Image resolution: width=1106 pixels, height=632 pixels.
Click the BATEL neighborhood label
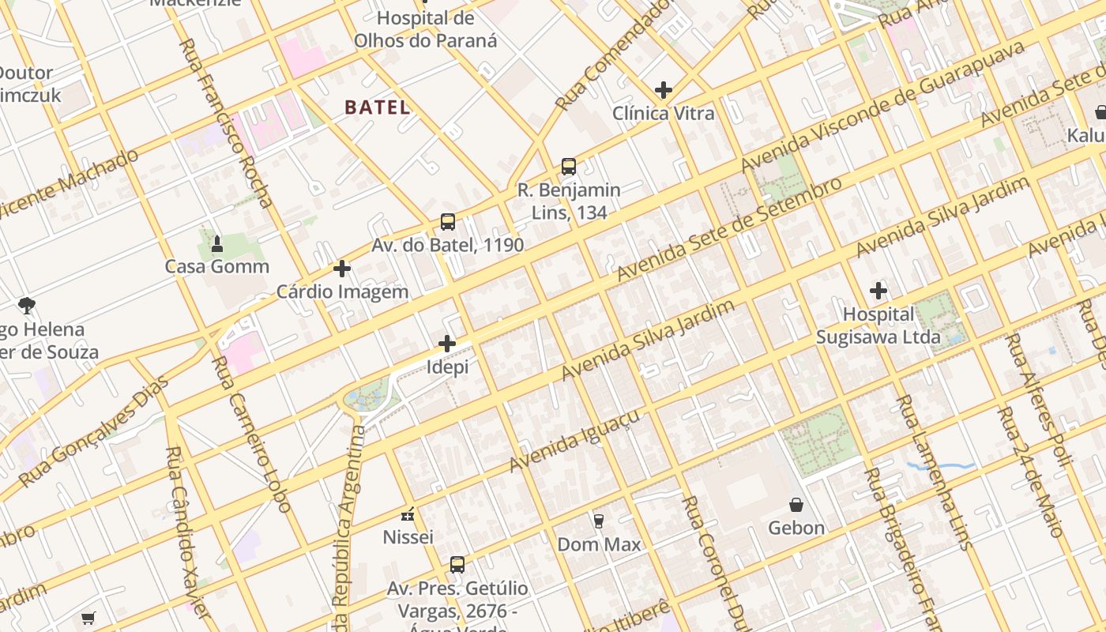(x=378, y=107)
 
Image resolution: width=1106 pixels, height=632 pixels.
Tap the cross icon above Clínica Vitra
(x=664, y=90)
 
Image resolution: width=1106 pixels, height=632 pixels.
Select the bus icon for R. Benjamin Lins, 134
(x=569, y=167)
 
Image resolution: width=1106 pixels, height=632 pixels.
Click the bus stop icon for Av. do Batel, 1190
(x=448, y=222)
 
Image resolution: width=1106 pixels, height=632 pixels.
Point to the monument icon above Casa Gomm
(x=217, y=244)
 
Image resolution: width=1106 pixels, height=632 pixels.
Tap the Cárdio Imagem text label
(x=342, y=292)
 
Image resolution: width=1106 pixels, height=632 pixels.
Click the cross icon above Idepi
(x=447, y=344)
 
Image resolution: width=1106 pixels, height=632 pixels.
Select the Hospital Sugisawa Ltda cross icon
(x=878, y=291)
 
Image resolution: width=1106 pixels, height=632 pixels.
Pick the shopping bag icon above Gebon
(x=796, y=504)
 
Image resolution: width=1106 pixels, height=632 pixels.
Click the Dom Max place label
(x=599, y=544)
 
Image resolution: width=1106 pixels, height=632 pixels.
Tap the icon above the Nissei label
(x=408, y=515)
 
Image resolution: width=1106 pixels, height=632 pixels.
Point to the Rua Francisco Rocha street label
(x=226, y=122)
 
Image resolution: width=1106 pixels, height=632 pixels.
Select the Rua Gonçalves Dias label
(x=93, y=431)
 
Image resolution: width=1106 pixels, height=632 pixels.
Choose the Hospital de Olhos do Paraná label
(x=425, y=29)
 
